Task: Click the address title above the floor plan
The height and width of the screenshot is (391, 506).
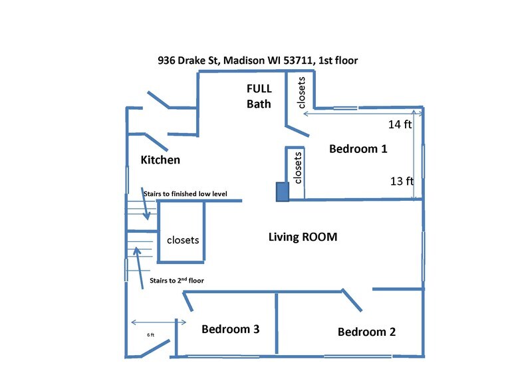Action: click(x=257, y=61)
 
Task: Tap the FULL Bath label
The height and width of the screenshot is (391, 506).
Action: click(x=259, y=96)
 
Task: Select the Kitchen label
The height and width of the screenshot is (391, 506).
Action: click(x=160, y=160)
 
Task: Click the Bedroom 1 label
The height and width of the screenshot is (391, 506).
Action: click(x=358, y=149)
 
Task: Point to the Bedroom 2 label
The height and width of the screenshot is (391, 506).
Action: click(x=366, y=332)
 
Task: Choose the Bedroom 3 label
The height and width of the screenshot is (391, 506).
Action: click(x=230, y=328)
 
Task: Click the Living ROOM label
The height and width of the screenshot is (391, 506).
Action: click(x=303, y=237)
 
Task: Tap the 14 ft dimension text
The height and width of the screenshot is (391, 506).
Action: click(x=400, y=124)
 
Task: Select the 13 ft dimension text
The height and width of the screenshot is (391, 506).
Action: click(x=402, y=181)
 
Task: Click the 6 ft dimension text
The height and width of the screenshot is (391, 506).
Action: click(x=150, y=335)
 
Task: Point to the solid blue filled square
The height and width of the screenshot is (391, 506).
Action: click(x=283, y=192)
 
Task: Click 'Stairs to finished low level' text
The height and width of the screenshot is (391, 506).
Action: click(x=185, y=194)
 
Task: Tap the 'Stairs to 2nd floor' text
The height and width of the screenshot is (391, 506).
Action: click(x=178, y=281)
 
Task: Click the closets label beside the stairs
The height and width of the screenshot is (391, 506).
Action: click(x=183, y=240)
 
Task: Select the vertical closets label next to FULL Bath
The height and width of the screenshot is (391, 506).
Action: click(x=301, y=92)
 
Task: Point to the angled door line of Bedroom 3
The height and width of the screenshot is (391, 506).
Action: click(x=189, y=303)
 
